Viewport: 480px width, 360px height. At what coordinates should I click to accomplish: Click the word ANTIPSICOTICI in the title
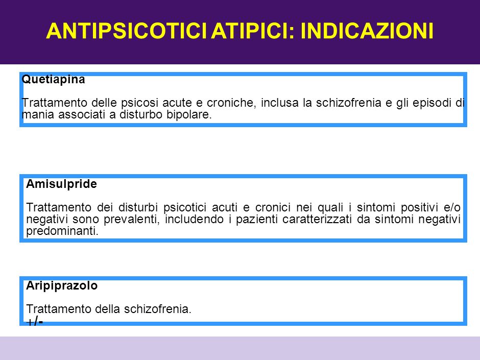(x=127, y=31)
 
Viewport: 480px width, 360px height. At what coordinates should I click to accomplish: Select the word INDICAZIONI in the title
(x=367, y=31)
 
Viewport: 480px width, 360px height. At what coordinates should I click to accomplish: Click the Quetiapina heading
(x=53, y=80)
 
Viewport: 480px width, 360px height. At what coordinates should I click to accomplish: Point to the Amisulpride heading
(x=61, y=184)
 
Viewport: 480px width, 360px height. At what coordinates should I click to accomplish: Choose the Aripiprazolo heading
(x=62, y=286)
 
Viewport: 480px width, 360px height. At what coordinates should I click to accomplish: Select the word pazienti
(x=256, y=220)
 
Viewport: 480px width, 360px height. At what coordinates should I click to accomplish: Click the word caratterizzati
(x=317, y=219)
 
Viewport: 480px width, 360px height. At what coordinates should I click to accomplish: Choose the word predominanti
(x=62, y=231)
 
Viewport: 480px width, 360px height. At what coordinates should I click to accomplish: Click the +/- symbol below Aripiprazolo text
(x=35, y=321)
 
